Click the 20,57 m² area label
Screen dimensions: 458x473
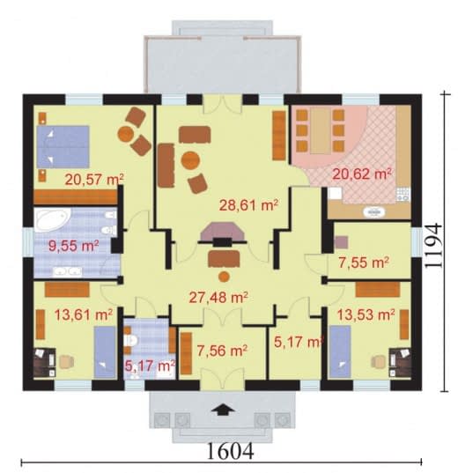click(x=94, y=179)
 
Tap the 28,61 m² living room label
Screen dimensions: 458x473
click(x=248, y=205)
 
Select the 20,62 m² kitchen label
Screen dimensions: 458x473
click(x=362, y=174)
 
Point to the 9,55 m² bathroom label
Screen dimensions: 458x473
click(x=74, y=246)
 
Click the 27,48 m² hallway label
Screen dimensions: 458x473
click(x=218, y=298)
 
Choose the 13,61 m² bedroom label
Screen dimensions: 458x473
click(x=84, y=314)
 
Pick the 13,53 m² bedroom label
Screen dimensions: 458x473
click(x=366, y=314)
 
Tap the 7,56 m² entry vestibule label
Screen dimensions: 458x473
click(x=222, y=351)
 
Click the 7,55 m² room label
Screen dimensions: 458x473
click(x=363, y=262)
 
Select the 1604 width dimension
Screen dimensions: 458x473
click(x=231, y=452)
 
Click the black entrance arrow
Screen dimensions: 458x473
click(x=222, y=410)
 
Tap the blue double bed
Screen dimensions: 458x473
click(x=63, y=146)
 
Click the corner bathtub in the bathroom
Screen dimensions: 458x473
click(x=53, y=220)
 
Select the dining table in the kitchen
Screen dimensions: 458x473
click(x=320, y=131)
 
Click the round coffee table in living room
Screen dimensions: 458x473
click(x=190, y=161)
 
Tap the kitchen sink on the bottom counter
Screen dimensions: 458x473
click(x=374, y=212)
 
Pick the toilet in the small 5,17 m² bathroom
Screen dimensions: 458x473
click(x=130, y=341)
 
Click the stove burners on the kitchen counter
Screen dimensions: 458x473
click(x=403, y=194)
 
